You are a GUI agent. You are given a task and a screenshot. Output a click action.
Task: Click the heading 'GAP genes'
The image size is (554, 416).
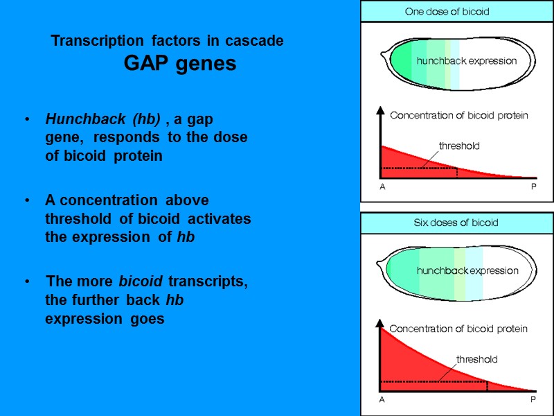coord(180,64)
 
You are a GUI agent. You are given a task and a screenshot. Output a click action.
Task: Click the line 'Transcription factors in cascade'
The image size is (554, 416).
coord(167,41)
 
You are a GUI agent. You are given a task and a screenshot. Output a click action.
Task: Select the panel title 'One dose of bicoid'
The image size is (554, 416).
coord(447,12)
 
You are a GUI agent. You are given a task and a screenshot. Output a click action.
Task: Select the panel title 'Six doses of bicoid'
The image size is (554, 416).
coord(456,223)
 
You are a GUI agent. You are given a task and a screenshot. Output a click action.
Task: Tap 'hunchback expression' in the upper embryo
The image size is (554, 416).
coord(467,61)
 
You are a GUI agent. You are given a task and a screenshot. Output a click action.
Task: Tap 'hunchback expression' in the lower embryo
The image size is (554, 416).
coord(467,270)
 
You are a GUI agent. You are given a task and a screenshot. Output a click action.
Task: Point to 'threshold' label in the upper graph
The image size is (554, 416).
coord(459,146)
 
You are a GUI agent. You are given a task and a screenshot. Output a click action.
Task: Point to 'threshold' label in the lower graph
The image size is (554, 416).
coord(476,359)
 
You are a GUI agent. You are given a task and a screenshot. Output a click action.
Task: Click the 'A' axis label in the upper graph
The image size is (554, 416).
coord(382,187)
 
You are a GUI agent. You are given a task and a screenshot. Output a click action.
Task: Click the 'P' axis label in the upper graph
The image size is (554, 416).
coord(533,187)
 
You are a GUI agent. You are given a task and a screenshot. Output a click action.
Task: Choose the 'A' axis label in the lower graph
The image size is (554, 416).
coord(382,400)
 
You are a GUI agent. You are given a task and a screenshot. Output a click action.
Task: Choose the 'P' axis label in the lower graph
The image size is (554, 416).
coord(533,400)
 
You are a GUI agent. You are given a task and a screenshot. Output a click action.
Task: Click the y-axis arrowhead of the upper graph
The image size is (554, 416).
coord(379,110)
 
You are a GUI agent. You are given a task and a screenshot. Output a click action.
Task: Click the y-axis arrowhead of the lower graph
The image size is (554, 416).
coord(379,322)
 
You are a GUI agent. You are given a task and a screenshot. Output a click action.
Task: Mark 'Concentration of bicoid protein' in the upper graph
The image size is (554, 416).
coord(458,116)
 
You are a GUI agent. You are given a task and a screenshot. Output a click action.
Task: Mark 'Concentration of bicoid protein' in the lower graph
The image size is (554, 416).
coord(458,329)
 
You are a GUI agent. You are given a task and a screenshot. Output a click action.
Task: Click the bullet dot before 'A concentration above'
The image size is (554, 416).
coord(26,201)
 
